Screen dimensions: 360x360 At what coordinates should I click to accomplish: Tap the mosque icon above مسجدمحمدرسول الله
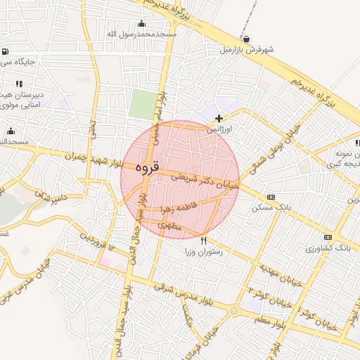pyautogui.click(x=141, y=24)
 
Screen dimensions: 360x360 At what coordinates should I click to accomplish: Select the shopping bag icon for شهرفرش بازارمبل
pyautogui.click(x=245, y=39)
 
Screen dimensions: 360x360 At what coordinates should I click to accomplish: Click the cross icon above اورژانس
pyautogui.click(x=219, y=118)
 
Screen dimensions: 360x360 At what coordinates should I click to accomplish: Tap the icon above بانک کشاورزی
pyautogui.click(x=328, y=238)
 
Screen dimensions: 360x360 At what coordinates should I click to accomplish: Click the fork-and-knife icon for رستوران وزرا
pyautogui.click(x=203, y=240)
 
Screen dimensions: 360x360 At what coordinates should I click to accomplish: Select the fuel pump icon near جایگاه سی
pyautogui.click(x=6, y=51)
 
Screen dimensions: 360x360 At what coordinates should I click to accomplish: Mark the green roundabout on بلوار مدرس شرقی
pyautogui.click(x=233, y=310)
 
